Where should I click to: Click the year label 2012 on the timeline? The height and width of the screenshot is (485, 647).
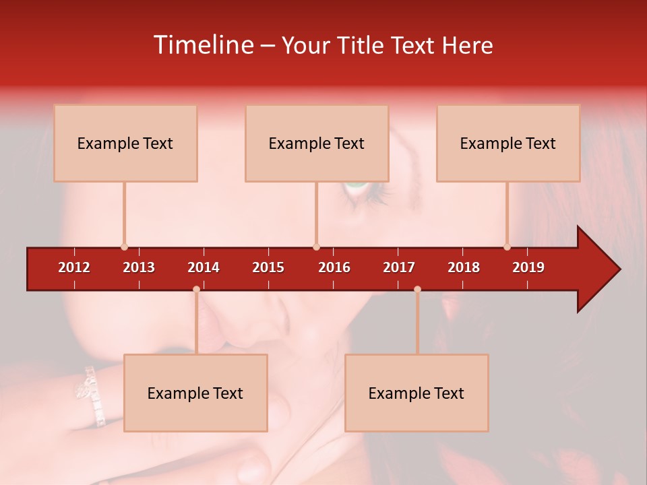pyautogui.click(x=74, y=267)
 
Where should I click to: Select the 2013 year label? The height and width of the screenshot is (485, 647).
pyautogui.click(x=139, y=267)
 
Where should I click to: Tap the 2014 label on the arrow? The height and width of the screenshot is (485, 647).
pyautogui.click(x=204, y=267)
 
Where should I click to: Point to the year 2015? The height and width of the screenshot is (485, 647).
pyautogui.click(x=268, y=267)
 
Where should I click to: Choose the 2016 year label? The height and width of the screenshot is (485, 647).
pyautogui.click(x=334, y=267)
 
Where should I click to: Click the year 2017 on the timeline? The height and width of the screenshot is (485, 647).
pyautogui.click(x=399, y=267)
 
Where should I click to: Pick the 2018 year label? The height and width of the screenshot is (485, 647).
pyautogui.click(x=464, y=267)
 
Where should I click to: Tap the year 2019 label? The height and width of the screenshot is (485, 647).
pyautogui.click(x=528, y=267)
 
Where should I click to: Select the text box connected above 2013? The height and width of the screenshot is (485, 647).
pyautogui.click(x=125, y=143)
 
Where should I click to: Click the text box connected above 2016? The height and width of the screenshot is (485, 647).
pyautogui.click(x=317, y=143)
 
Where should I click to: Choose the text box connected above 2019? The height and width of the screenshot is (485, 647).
pyautogui.click(x=508, y=143)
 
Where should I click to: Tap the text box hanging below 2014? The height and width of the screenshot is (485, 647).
pyautogui.click(x=195, y=393)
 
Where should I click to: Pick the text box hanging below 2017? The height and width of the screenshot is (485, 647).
pyautogui.click(x=417, y=393)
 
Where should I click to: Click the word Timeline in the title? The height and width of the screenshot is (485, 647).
pyautogui.click(x=202, y=45)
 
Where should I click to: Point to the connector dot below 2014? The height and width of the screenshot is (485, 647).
pyautogui.click(x=196, y=290)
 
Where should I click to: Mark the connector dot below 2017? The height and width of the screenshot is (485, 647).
pyautogui.click(x=417, y=290)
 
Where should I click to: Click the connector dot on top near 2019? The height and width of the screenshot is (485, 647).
pyautogui.click(x=507, y=247)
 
